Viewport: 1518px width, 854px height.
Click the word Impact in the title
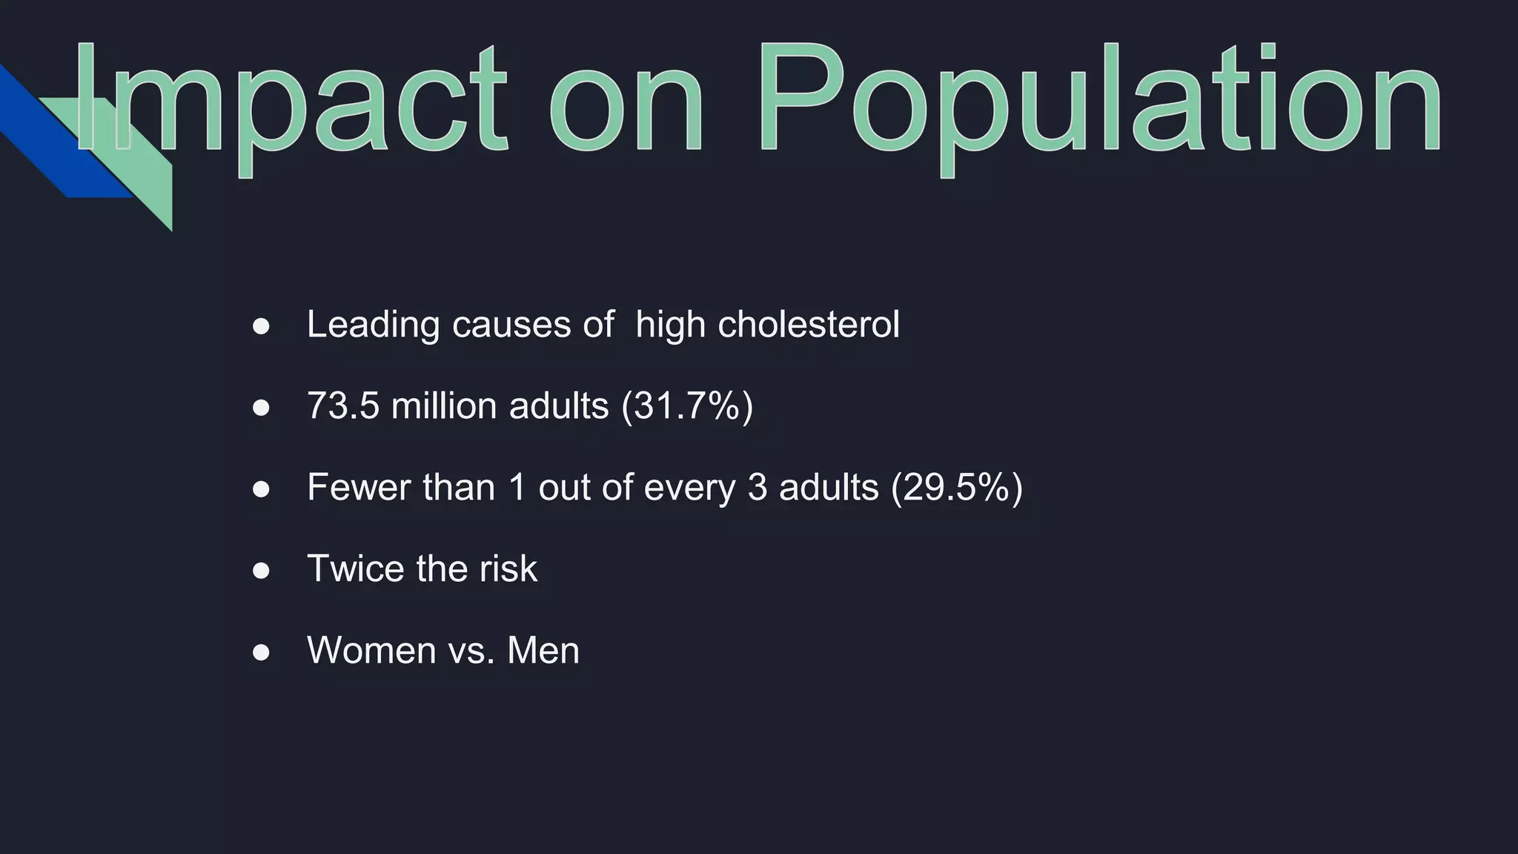289,100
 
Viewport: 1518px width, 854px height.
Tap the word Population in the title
1097,100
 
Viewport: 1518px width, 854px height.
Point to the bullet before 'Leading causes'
261,326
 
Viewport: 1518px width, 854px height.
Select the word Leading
373,325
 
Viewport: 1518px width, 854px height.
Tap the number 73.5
342,406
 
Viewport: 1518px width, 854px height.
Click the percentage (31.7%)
687,406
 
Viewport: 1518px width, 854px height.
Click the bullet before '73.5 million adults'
261,408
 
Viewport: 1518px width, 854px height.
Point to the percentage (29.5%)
956,488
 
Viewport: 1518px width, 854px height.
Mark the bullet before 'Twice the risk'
261,570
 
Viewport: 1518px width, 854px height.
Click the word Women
371,650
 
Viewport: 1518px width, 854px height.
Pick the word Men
543,650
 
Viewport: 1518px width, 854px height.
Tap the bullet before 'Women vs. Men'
261,652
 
